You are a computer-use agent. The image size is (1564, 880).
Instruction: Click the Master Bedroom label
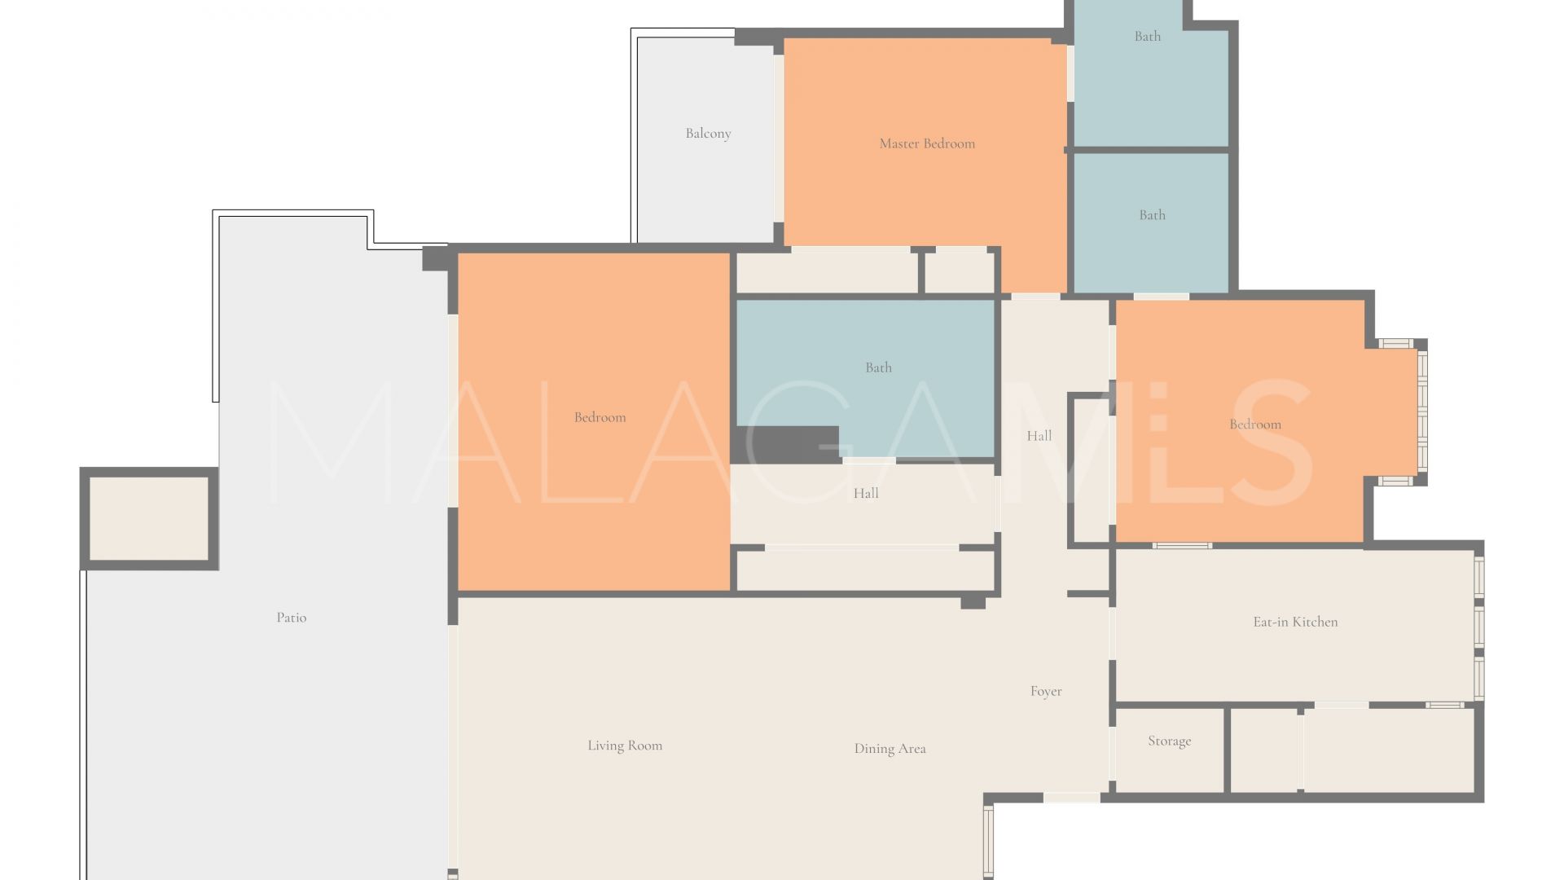[927, 143]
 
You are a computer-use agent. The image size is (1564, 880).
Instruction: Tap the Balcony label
[708, 134]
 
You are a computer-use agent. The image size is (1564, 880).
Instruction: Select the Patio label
[292, 618]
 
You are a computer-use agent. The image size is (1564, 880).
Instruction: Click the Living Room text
[625, 746]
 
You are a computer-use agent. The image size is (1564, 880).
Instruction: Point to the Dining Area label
[890, 749]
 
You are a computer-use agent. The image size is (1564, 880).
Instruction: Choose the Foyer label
[1046, 691]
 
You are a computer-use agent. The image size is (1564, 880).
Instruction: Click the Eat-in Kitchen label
[1295, 622]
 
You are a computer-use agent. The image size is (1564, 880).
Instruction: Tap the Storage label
[1169, 741]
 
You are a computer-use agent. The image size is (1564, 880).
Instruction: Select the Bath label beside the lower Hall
[878, 367]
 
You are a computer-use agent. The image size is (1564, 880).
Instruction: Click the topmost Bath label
[1148, 36]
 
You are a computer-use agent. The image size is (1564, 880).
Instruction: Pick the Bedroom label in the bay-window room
[1254, 425]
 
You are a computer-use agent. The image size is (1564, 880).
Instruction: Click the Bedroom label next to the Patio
[600, 417]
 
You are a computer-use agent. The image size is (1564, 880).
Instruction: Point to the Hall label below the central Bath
[866, 493]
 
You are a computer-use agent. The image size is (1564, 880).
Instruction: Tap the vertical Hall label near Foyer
[1039, 436]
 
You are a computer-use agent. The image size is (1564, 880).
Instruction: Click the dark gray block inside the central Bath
[787, 444]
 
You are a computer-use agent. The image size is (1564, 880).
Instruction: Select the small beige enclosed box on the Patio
[149, 518]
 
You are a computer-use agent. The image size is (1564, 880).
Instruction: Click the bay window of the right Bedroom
[1421, 412]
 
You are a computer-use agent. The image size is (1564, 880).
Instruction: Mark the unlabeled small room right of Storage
[1264, 750]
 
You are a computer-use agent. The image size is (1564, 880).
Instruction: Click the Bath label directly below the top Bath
[1152, 215]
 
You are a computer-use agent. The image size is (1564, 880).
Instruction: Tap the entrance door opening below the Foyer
[1071, 798]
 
